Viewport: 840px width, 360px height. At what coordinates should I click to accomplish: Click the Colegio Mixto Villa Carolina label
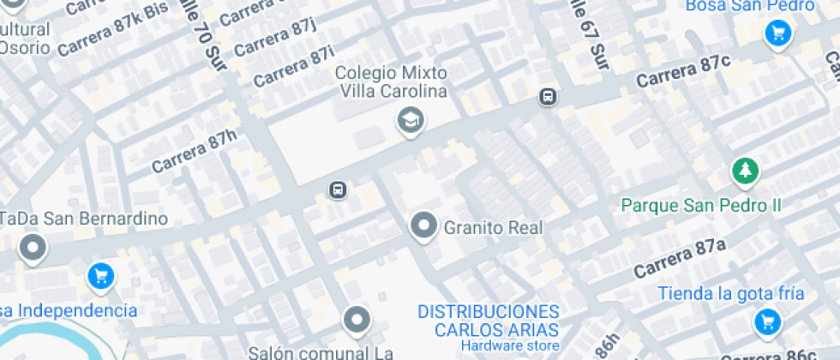[392, 82]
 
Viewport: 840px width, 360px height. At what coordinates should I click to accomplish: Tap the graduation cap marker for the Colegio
[411, 121]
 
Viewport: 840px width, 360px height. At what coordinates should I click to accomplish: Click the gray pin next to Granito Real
[423, 226]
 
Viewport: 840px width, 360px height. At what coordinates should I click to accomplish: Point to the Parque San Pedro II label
[701, 206]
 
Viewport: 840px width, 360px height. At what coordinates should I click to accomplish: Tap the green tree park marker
[745, 171]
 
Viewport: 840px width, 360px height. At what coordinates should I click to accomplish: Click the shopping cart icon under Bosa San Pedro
[778, 34]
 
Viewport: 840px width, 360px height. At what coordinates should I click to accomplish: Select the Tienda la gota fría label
[731, 293]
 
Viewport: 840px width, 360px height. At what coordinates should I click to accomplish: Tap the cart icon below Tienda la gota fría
[765, 323]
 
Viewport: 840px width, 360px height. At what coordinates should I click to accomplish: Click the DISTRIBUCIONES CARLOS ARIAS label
[489, 321]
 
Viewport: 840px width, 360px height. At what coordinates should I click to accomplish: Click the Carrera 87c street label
[683, 72]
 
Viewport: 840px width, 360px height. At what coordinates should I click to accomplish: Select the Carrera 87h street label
[193, 151]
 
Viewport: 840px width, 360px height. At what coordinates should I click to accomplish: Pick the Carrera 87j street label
[275, 39]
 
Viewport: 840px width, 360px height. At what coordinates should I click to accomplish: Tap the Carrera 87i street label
[293, 65]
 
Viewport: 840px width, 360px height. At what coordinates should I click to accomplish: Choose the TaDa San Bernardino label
[83, 219]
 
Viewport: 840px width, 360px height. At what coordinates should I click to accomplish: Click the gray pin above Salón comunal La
[356, 320]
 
